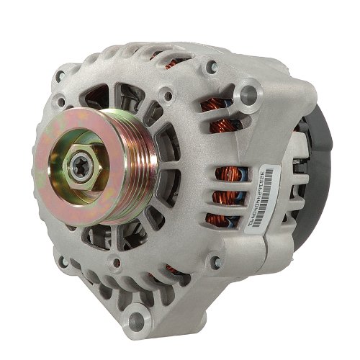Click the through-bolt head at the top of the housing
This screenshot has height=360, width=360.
212,67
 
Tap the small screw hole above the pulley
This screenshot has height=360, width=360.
167,94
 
